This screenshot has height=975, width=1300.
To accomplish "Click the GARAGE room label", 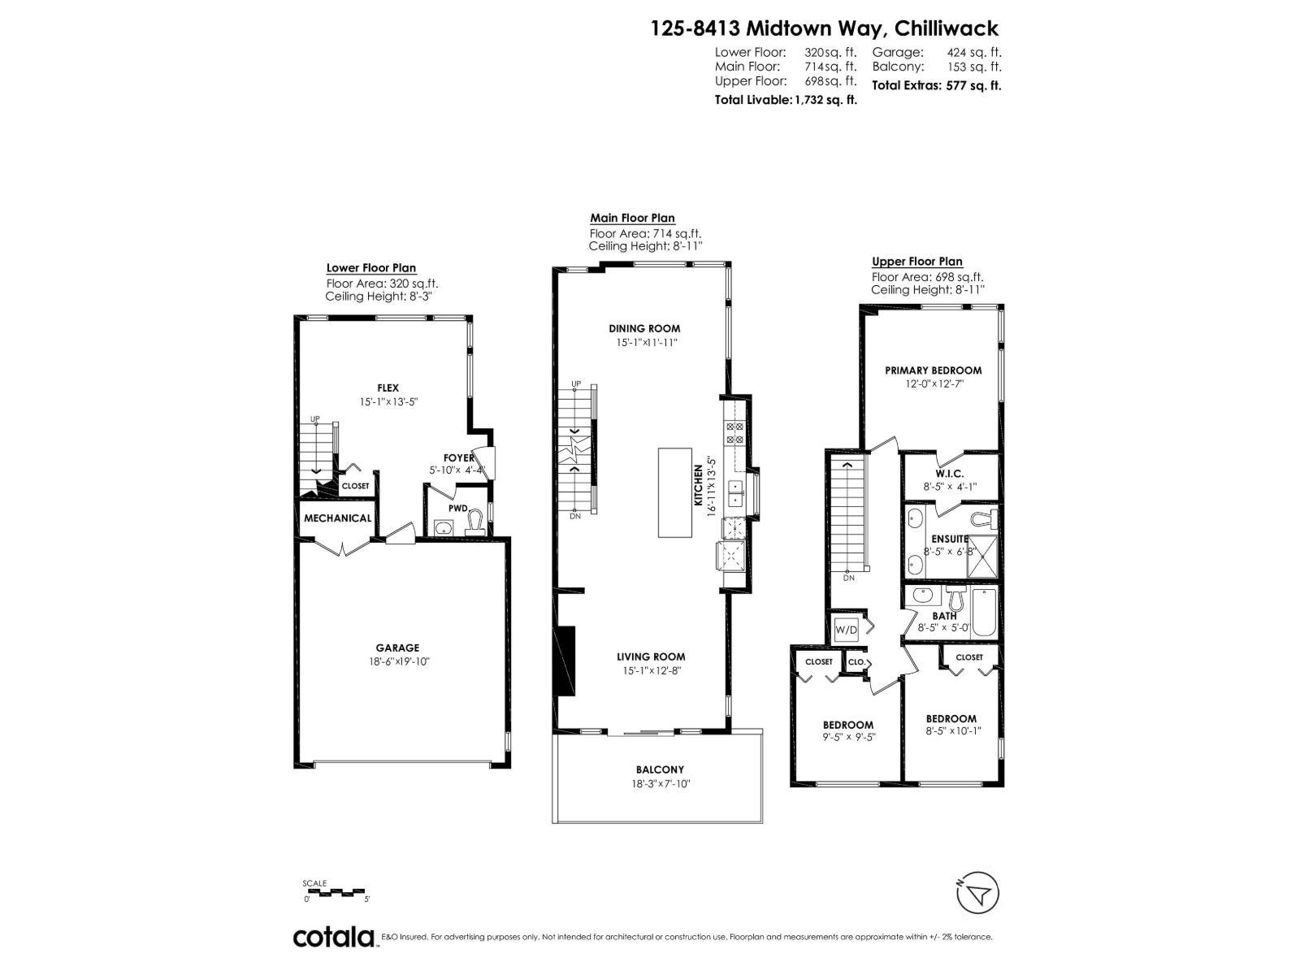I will [397, 648].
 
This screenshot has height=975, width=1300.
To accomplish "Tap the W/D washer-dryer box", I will [846, 629].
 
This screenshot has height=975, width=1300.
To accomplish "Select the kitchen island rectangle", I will [674, 492].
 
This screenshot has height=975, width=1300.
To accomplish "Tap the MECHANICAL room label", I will [337, 518].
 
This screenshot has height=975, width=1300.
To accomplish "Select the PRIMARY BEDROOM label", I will [933, 370].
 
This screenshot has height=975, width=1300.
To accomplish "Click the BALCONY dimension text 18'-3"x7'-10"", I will [659, 784].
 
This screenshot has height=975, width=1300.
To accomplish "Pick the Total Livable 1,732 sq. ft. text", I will [785, 100].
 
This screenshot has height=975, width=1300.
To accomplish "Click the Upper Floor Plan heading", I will [916, 262].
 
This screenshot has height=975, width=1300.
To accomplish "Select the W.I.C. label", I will [949, 473].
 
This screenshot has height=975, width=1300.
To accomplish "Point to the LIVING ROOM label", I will [650, 656].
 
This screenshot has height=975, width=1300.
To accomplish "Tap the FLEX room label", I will [388, 388].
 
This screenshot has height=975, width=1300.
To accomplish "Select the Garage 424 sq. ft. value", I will [973, 52].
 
